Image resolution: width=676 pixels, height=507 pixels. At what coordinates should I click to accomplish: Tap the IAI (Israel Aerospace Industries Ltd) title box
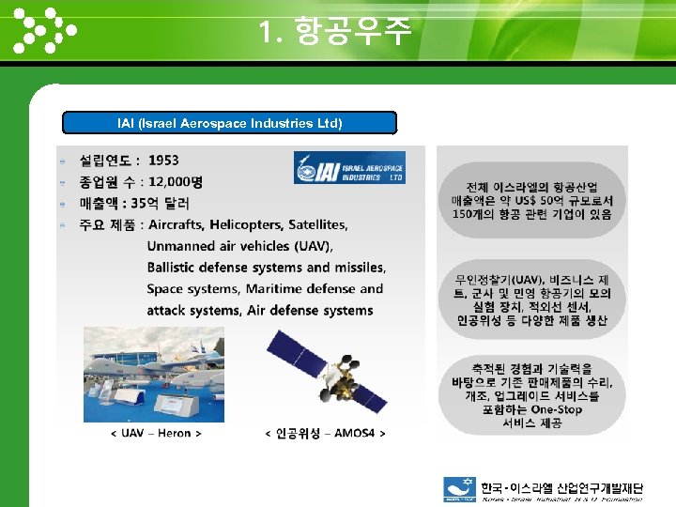(x=229, y=123)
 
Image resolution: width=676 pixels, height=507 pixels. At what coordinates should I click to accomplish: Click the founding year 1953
(x=163, y=161)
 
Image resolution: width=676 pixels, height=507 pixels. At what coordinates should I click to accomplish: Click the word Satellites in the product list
(x=317, y=225)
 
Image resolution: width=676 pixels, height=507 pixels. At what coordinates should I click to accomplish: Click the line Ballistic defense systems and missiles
(x=266, y=268)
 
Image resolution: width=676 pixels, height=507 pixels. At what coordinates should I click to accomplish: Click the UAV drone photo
(x=154, y=374)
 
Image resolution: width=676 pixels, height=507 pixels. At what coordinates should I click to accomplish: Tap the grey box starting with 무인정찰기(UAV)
(x=531, y=300)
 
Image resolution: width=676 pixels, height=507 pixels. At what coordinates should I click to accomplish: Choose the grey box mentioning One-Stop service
(x=531, y=395)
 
